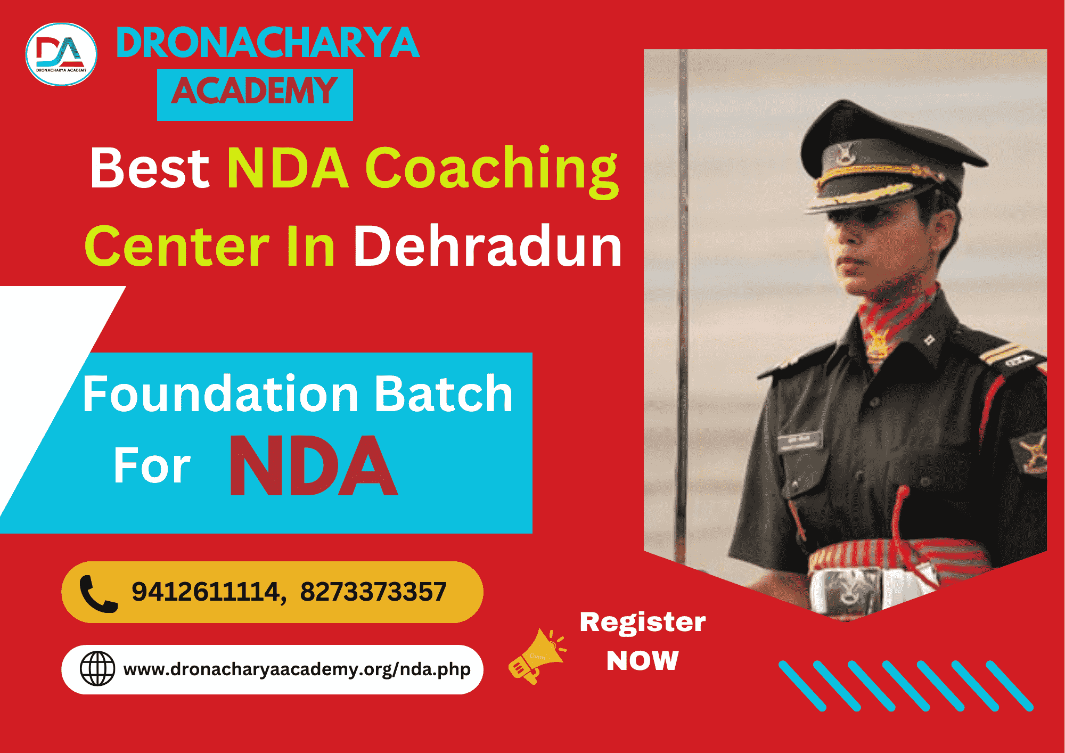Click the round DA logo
tap(61, 54)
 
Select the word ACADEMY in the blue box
tap(255, 91)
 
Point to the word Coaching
tap(492, 171)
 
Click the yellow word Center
tap(177, 247)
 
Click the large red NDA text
tap(314, 465)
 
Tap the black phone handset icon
tap(99, 594)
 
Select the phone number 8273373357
tap(373, 592)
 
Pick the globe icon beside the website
tap(97, 668)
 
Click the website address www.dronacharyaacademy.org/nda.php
tap(297, 669)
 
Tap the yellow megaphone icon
tap(537, 656)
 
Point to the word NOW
tap(643, 661)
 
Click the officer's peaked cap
tap(889, 160)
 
